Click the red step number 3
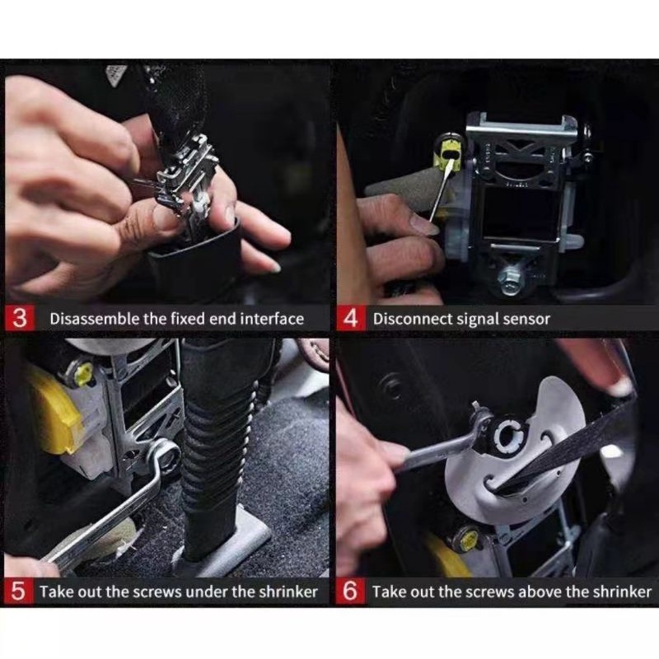coord(19,318)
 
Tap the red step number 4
coord(351,318)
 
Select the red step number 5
coord(18,591)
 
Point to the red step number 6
coord(350,591)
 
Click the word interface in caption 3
coord(272,319)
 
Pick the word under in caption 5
coord(207,591)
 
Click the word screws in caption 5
coord(157,592)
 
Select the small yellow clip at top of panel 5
coord(83,374)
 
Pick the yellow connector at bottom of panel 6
coord(468,540)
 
